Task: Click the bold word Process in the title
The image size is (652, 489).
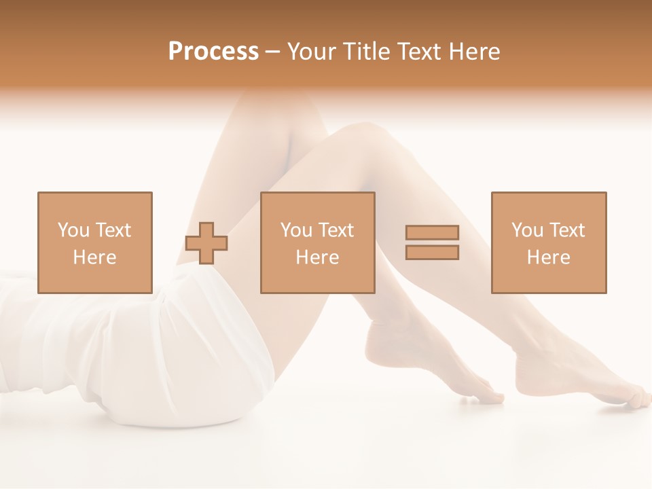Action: pos(213,52)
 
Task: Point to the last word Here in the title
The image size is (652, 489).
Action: pos(475,52)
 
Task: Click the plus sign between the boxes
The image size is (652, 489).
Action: pos(207,243)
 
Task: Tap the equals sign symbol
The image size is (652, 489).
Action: pos(432,242)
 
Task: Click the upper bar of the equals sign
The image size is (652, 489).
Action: pos(432,233)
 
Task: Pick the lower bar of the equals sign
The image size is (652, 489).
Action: pos(432,252)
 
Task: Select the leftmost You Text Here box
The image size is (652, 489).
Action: pos(95,242)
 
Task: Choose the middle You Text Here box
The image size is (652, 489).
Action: pos(318,242)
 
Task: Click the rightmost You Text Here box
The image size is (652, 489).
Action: pos(549,242)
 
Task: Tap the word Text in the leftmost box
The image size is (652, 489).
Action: pos(113,230)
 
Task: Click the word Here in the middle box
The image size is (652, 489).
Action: pos(318,257)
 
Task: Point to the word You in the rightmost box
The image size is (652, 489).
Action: pos(528,230)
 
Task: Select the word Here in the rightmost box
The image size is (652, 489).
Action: pos(549,257)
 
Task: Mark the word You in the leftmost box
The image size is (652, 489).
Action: pos(74,230)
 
